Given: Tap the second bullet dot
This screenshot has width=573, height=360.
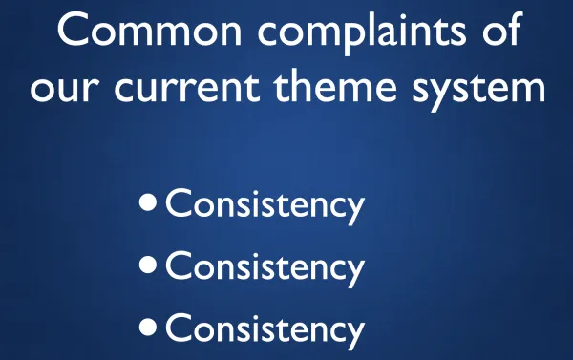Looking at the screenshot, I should (148, 265).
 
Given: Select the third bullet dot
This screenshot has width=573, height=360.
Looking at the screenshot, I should (148, 327).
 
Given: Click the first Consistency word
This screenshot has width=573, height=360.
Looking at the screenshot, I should (265, 204).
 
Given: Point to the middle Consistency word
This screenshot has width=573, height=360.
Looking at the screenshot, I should (265, 266).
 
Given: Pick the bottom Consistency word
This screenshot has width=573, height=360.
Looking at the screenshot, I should (265, 329).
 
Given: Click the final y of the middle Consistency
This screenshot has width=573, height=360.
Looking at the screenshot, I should (354, 272).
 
